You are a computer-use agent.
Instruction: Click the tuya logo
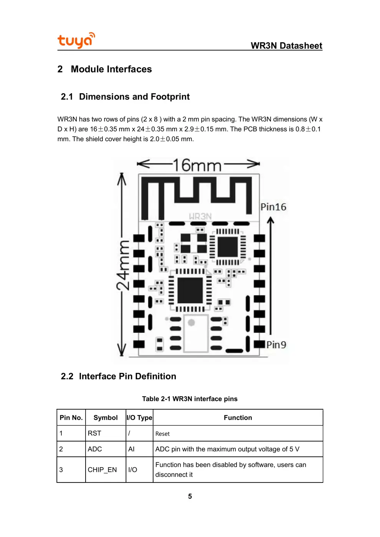click(76, 40)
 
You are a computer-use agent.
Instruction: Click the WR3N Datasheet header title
click(286, 46)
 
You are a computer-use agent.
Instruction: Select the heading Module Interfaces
click(111, 69)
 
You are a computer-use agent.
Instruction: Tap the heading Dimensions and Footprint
click(134, 97)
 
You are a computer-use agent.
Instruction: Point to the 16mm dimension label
click(197, 165)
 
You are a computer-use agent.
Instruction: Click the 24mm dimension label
click(123, 265)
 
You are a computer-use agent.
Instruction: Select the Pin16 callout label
click(273, 207)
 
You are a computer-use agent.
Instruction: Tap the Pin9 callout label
click(276, 345)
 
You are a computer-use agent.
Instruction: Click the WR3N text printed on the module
click(200, 216)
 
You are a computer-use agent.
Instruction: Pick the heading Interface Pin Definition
click(127, 376)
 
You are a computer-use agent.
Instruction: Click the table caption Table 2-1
click(190, 399)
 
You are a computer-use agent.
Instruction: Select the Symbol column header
click(106, 418)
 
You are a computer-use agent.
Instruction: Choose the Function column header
click(238, 418)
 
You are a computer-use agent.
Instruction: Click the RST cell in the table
click(94, 433)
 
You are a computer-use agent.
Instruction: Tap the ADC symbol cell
click(95, 449)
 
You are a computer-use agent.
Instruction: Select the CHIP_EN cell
click(102, 470)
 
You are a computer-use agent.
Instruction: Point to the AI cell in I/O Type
click(131, 449)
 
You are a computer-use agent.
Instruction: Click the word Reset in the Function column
click(162, 434)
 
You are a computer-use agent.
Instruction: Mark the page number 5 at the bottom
click(190, 496)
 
